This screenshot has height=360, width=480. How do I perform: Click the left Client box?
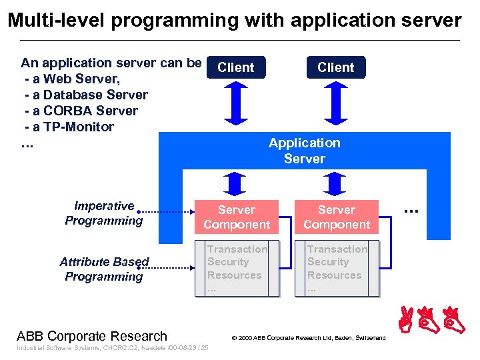[236, 67]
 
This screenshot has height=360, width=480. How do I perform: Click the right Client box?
[336, 67]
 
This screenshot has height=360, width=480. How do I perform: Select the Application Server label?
[304, 151]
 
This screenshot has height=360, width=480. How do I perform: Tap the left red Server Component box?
[237, 217]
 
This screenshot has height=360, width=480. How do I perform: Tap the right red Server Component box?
[337, 217]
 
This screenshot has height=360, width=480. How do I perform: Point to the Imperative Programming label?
[104, 213]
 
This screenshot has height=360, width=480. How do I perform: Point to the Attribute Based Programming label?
[104, 269]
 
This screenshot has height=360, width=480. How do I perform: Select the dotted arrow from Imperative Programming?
[167, 212]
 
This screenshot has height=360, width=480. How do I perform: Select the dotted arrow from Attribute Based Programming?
[167, 268]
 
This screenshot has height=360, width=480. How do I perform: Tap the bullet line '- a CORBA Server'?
[81, 111]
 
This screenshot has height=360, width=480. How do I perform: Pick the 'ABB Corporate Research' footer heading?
[92, 336]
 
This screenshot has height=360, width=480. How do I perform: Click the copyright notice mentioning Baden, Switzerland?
[308, 338]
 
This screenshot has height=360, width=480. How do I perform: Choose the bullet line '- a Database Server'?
[85, 95]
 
